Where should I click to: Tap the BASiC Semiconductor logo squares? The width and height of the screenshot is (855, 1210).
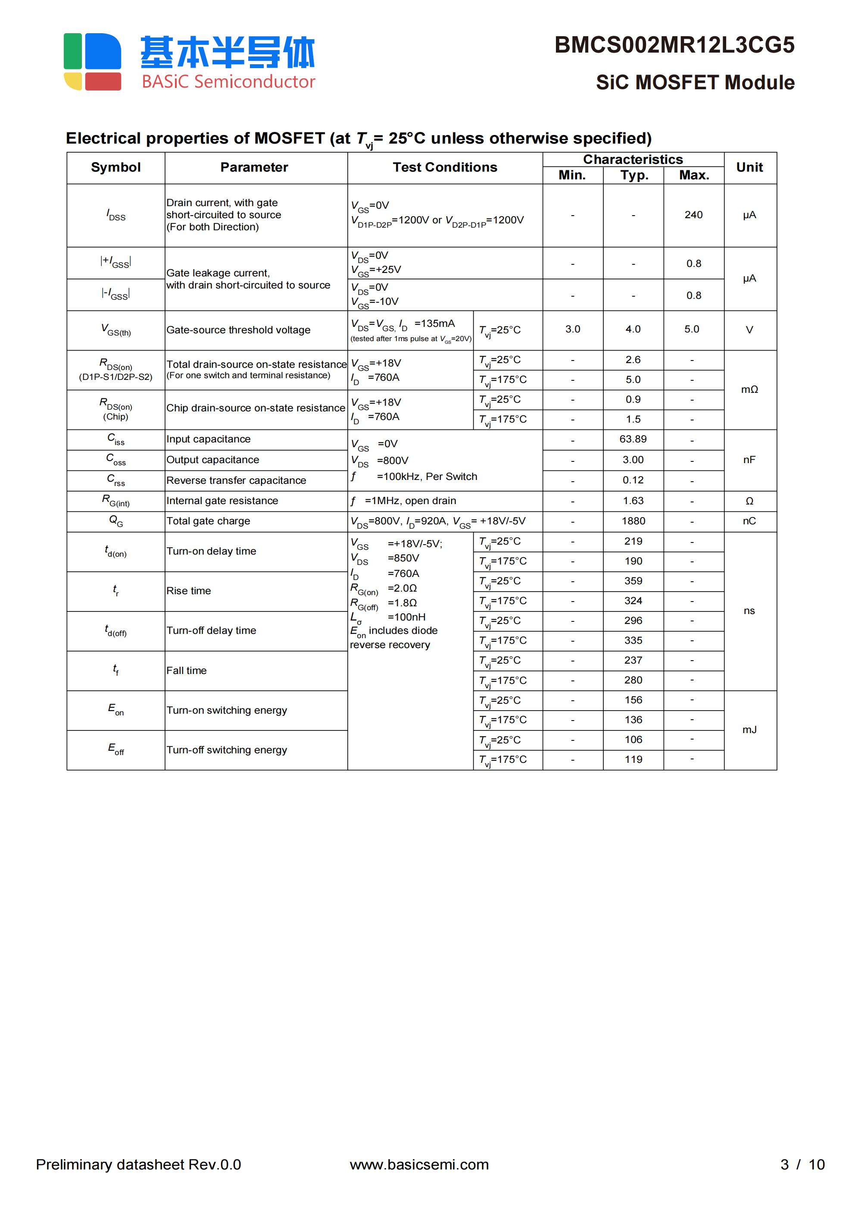pos(92,62)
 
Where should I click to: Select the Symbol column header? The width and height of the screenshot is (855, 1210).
pos(115,168)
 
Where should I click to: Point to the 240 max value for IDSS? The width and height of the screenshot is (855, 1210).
pos(693,215)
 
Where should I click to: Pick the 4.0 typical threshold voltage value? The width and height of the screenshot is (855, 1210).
pos(633,329)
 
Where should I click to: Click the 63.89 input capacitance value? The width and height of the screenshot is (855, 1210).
pos(633,439)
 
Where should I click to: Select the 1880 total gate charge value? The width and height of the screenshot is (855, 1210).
pos(633,521)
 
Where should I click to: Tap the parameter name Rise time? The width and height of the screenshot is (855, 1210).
pos(189,591)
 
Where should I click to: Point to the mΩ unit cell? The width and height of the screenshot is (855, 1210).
pos(749,390)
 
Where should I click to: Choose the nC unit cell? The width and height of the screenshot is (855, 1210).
pos(749,521)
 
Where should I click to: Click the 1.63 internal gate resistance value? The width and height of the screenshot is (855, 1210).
pos(633,501)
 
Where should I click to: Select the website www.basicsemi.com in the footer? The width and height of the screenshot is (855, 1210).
pos(419,1165)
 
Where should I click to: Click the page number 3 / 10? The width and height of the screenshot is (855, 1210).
pos(802,1165)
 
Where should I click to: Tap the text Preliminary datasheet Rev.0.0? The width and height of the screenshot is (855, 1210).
pos(138,1165)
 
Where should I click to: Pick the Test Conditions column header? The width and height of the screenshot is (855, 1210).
pos(445,168)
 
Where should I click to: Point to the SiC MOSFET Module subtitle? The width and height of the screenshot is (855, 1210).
pos(695,83)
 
